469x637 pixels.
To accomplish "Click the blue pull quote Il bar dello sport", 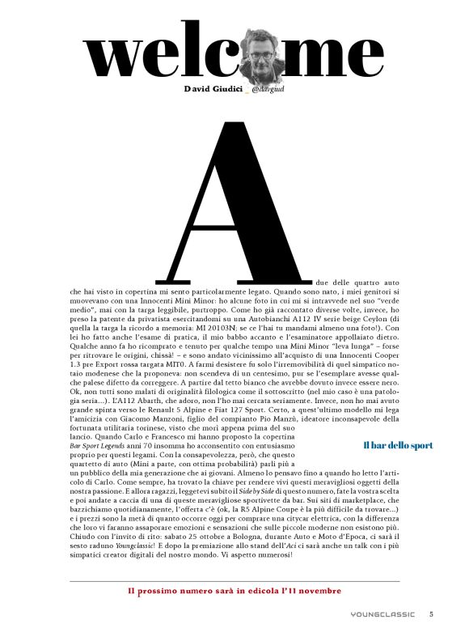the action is (398, 445).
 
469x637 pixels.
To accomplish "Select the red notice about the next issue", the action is (234, 591).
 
